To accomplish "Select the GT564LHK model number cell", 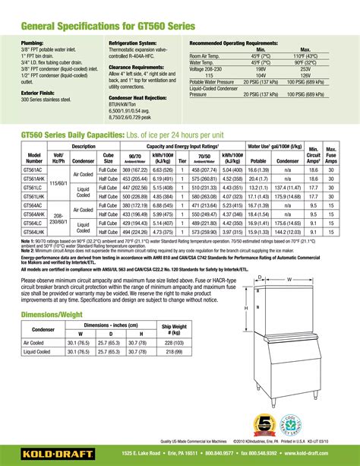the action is pyautogui.click(x=35, y=235).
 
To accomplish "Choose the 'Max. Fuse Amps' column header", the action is pyautogui.click(x=331, y=155).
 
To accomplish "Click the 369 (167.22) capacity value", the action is pyautogui.click(x=135, y=171).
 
